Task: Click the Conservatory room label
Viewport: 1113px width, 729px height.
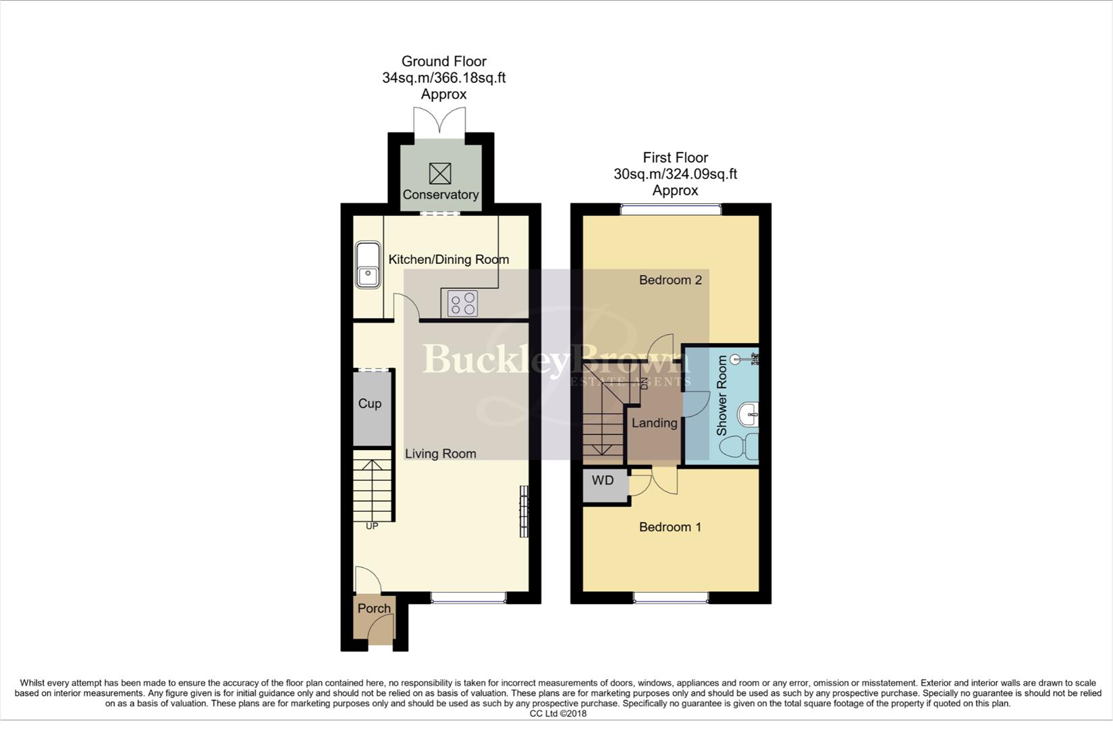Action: tap(440, 195)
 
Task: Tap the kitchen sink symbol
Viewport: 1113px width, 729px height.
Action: tap(368, 265)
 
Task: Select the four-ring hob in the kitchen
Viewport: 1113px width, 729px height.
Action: tap(462, 303)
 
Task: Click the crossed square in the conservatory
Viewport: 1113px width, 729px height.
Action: tap(440, 173)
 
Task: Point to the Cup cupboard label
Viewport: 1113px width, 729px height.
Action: tap(369, 404)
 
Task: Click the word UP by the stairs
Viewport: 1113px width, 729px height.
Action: tap(372, 526)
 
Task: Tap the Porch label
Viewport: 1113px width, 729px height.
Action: tap(374, 608)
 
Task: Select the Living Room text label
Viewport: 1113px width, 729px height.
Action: tap(440, 454)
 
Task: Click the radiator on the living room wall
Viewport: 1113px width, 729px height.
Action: tap(524, 512)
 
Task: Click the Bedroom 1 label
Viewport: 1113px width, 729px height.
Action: tap(670, 527)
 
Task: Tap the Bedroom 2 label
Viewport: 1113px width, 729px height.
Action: tap(670, 280)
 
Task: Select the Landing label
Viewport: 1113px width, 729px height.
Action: tap(654, 423)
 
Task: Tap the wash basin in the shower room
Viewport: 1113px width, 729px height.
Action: tap(748, 414)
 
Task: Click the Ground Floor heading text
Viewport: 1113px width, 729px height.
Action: tap(443, 61)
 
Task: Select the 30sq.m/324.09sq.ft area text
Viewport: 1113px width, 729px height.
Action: tap(675, 174)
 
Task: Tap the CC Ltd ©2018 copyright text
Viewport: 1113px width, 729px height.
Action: tap(558, 713)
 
